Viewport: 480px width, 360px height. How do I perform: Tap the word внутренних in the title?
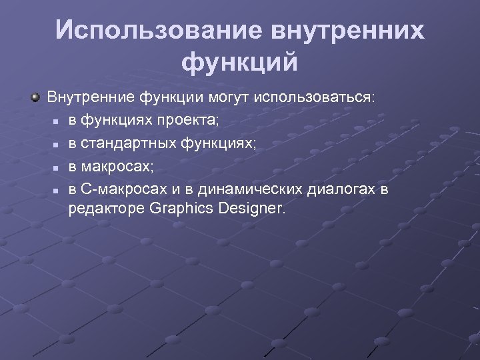tap(347, 31)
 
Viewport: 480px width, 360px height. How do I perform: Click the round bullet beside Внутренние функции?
tap(35, 97)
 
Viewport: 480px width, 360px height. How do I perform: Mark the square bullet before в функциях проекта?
tap(57, 122)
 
